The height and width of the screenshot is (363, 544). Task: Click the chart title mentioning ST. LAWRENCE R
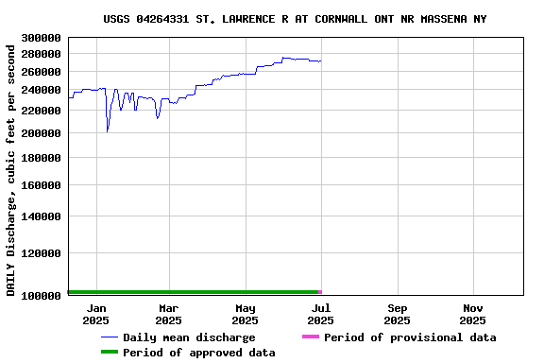click(295, 19)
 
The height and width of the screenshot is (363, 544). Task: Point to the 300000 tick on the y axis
click(41, 38)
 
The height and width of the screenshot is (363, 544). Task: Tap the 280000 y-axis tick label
click(41, 55)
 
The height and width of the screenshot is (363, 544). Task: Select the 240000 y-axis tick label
click(41, 91)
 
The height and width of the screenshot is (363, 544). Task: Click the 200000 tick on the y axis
click(41, 133)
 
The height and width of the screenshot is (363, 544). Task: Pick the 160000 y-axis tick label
click(41, 185)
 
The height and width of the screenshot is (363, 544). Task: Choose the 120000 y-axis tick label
click(41, 253)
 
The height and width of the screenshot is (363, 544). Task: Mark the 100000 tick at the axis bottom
click(41, 296)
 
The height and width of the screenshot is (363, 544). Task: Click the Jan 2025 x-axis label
click(96, 314)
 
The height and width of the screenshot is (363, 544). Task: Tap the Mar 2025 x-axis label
click(168, 314)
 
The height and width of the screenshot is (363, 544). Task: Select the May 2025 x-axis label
click(245, 314)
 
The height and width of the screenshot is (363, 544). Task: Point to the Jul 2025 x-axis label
click(321, 314)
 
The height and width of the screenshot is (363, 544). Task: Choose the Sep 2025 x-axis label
click(398, 314)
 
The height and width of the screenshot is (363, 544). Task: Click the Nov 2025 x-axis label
click(474, 314)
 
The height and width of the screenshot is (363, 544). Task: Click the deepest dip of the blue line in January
click(108, 130)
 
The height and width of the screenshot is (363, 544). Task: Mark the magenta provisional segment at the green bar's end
click(320, 292)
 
